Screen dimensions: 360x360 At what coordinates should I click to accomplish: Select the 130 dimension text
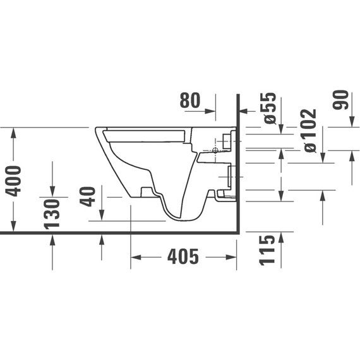(52, 213)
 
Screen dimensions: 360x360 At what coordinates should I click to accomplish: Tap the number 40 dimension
(89, 196)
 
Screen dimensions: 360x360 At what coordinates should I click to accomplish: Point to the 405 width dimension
(183, 257)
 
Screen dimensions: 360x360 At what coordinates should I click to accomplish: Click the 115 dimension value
(267, 249)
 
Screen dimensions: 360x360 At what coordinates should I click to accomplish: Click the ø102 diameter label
(309, 130)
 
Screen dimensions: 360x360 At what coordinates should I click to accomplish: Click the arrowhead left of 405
(135, 257)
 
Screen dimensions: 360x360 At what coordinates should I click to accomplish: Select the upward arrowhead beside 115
(280, 237)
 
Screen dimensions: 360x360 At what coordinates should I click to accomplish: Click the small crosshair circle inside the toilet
(215, 151)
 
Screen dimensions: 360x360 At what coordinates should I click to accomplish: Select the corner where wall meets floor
(237, 232)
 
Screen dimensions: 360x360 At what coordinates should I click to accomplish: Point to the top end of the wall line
(237, 95)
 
